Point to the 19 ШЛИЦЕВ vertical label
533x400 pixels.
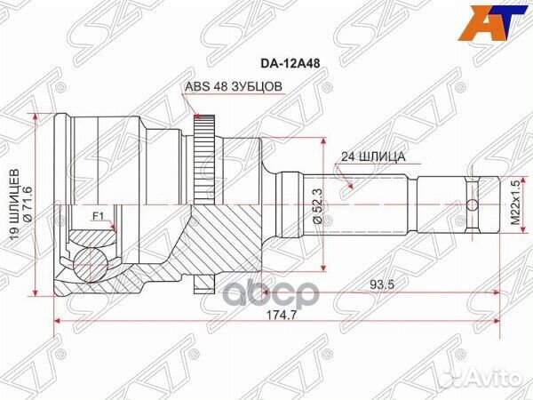tap(14, 203)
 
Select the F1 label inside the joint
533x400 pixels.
tap(98, 215)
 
